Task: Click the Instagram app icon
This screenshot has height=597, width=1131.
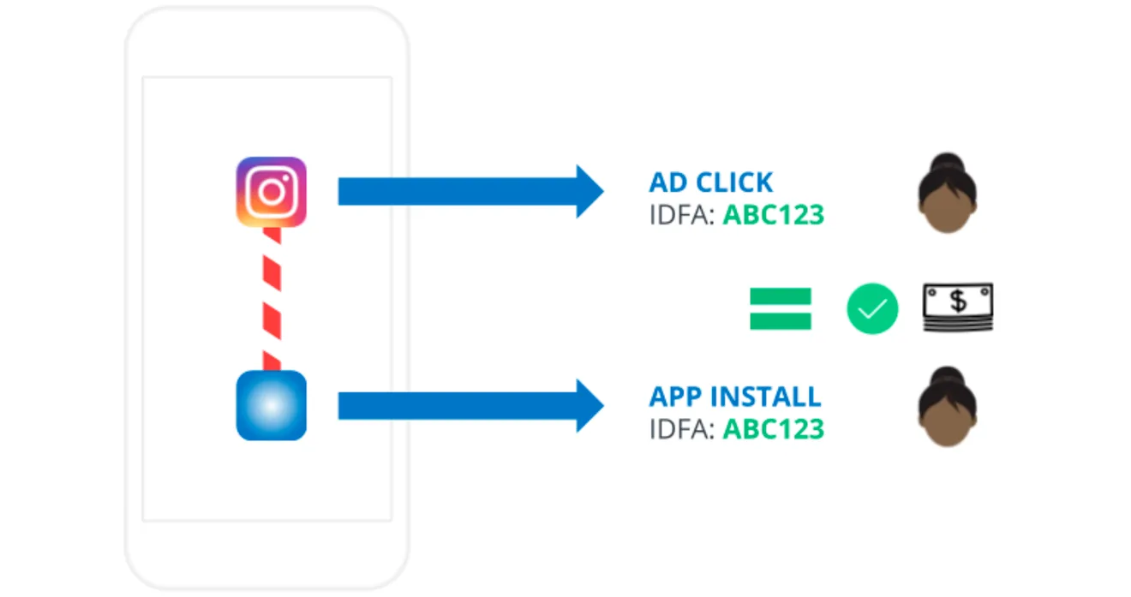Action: (x=272, y=192)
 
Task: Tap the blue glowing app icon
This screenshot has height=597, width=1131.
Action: (x=272, y=405)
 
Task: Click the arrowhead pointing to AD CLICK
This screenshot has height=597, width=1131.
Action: (x=589, y=191)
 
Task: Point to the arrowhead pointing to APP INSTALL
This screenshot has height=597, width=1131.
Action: (x=589, y=405)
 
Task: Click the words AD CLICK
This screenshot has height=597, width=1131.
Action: (x=710, y=182)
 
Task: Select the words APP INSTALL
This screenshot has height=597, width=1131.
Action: (x=734, y=397)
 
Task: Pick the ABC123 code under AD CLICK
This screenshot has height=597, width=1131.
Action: (x=773, y=214)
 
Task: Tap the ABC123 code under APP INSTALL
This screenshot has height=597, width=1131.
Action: (x=773, y=428)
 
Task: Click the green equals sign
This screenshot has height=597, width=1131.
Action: (x=780, y=308)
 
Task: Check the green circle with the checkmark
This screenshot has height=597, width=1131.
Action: (x=872, y=308)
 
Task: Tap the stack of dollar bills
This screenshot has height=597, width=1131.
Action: (x=958, y=307)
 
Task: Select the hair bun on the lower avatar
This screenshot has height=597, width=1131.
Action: (x=947, y=376)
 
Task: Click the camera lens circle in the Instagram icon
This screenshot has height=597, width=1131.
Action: (x=272, y=192)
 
